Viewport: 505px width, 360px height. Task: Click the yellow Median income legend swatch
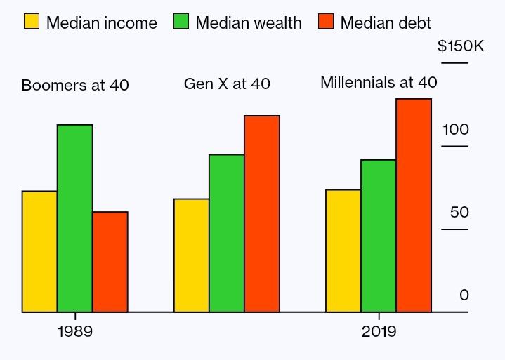32,21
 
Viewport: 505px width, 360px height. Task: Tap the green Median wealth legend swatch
181,21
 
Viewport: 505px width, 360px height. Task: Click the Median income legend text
102,22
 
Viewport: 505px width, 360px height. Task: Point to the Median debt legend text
386,22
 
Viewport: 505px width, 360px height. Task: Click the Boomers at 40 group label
75,86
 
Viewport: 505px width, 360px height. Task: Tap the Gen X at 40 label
227,84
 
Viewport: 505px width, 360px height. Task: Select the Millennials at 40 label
379,82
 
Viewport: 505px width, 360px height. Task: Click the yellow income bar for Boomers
39,251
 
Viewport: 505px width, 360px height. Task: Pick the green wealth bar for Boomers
75,218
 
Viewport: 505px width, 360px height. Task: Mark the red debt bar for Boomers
110,262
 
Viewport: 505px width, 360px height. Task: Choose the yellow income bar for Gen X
191,255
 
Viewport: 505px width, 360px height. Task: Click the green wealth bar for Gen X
227,233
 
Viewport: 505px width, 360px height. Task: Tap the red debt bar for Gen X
262,213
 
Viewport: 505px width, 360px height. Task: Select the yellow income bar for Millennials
343,251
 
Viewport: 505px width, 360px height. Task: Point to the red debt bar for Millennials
414,205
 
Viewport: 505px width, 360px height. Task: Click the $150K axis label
461,46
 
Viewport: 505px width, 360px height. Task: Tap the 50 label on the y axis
459,213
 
